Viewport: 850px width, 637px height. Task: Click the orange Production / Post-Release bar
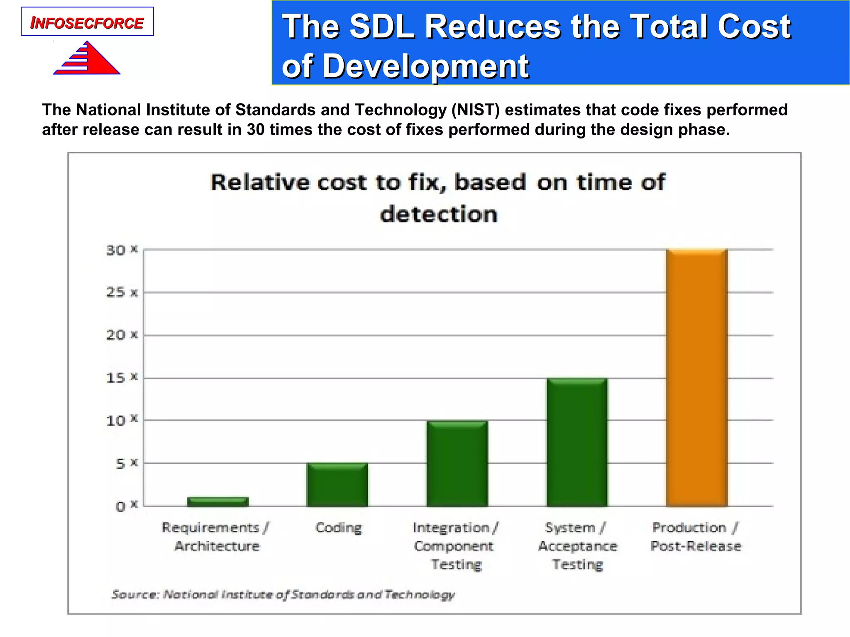click(696, 377)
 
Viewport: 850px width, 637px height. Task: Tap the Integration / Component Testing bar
click(457, 463)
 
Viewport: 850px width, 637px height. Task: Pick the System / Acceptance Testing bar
click(577, 442)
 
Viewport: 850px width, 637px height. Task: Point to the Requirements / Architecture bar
click(217, 501)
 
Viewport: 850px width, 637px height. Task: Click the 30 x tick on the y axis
click(122, 250)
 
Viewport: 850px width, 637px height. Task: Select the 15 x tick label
click(122, 378)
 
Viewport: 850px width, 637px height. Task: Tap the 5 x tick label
click(126, 463)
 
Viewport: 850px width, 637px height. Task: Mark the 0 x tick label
click(126, 506)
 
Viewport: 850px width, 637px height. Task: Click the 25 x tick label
click(122, 292)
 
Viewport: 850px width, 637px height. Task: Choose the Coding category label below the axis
click(339, 528)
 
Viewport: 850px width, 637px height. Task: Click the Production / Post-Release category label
click(696, 537)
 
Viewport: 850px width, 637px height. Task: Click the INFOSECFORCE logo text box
click(87, 22)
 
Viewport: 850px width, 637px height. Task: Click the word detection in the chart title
click(438, 214)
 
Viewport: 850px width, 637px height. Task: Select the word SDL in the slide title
click(382, 27)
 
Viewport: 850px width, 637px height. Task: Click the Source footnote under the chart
click(283, 594)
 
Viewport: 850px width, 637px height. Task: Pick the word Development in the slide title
click(425, 66)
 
